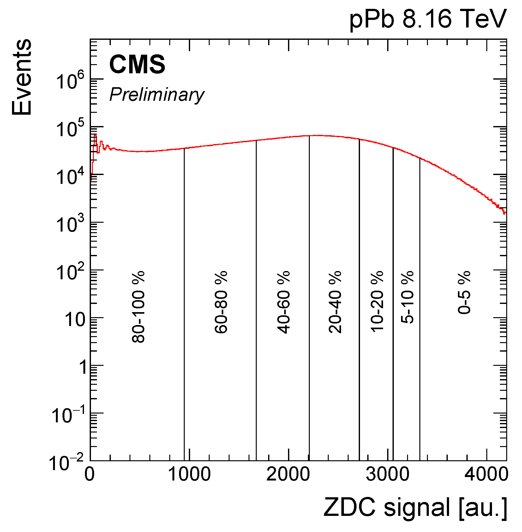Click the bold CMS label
click(137, 64)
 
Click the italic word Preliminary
click(157, 94)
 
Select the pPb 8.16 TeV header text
click(428, 19)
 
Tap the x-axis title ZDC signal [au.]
click(415, 508)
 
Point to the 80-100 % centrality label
click(138, 306)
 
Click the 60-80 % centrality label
click(221, 302)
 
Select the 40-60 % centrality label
click(284, 302)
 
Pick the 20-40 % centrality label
click(335, 302)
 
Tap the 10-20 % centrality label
click(377, 301)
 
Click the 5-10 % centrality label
click(407, 297)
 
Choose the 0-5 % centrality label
click(464, 292)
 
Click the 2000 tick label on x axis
click(288, 474)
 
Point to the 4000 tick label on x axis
click(486, 474)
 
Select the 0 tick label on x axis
click(90, 474)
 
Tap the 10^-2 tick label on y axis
click(66, 462)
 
